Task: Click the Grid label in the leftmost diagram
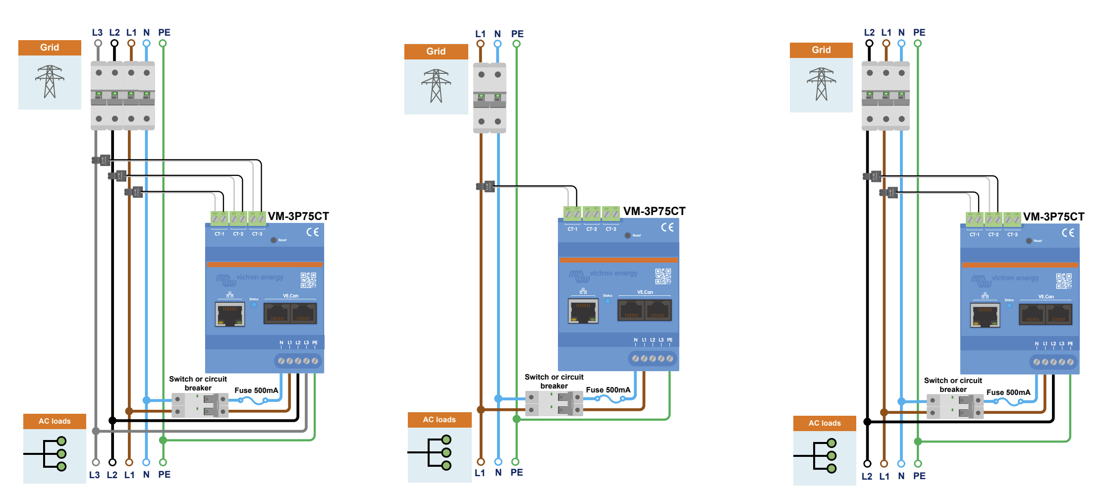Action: coord(50,48)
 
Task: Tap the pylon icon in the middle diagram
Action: coord(436,86)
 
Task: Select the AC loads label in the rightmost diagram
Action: coord(825,423)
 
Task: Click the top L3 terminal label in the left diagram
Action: coord(97,33)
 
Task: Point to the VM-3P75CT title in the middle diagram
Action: coord(654,212)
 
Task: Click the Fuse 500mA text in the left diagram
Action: coord(256,390)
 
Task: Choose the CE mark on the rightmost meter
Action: coord(1068,233)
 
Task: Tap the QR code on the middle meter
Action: coord(663,276)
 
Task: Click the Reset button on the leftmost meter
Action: coord(274,240)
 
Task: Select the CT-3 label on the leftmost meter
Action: coord(257,234)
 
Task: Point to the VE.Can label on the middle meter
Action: coord(645,292)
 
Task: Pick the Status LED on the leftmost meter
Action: coord(254,305)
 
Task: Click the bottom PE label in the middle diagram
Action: coord(517,473)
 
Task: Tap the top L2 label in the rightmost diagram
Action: coord(869,33)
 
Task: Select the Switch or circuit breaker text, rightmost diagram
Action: coord(953,385)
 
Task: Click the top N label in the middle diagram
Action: coord(498,34)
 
